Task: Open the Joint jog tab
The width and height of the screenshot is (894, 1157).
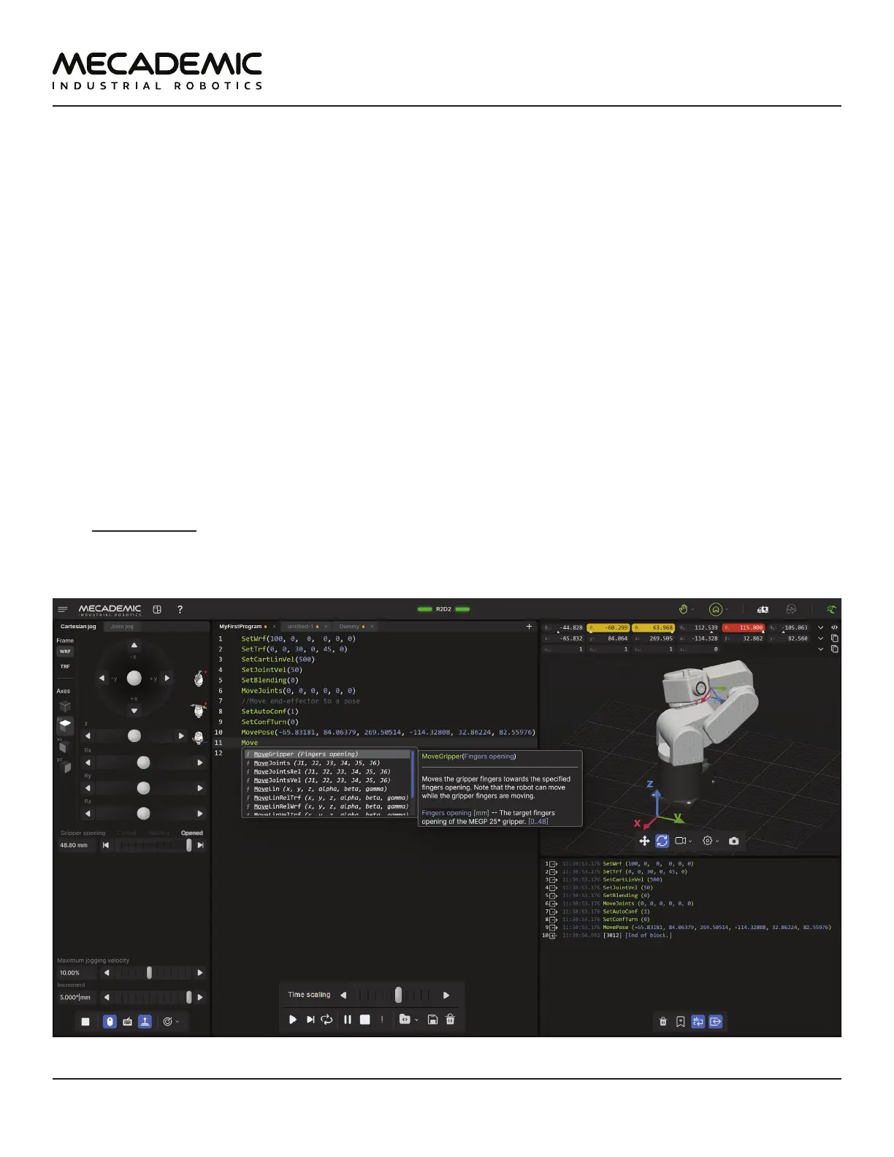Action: [x=122, y=627]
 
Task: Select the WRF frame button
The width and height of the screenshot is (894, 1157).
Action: [x=65, y=652]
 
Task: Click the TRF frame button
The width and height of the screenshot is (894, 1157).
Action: [x=65, y=667]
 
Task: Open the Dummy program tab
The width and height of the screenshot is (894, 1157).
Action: [x=349, y=627]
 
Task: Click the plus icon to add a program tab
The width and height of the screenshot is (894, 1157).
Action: [x=530, y=627]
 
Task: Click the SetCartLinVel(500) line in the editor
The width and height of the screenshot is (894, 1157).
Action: [x=278, y=660]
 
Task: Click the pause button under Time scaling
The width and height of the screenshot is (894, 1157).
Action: [x=348, y=1020]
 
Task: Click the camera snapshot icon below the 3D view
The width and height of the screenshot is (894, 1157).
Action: [x=734, y=841]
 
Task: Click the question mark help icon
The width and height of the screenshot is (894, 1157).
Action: [x=180, y=609]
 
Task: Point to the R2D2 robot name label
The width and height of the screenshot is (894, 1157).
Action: [x=443, y=609]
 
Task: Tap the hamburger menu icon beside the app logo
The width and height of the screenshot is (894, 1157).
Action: [x=63, y=609]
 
